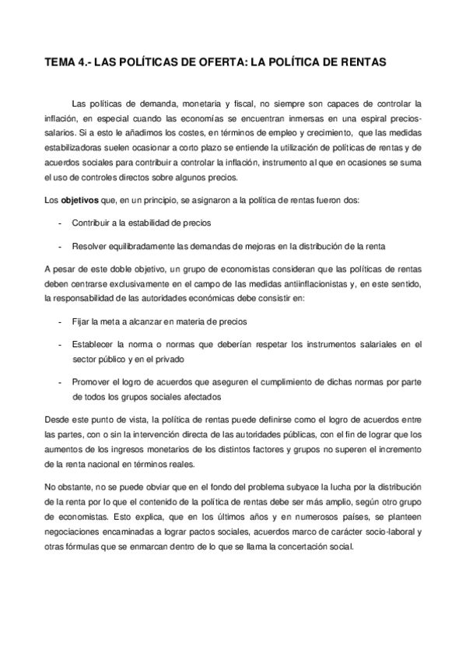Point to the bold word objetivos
(x=79, y=201)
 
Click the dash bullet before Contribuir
(x=61, y=223)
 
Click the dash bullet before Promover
(x=61, y=381)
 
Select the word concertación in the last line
(x=304, y=546)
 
